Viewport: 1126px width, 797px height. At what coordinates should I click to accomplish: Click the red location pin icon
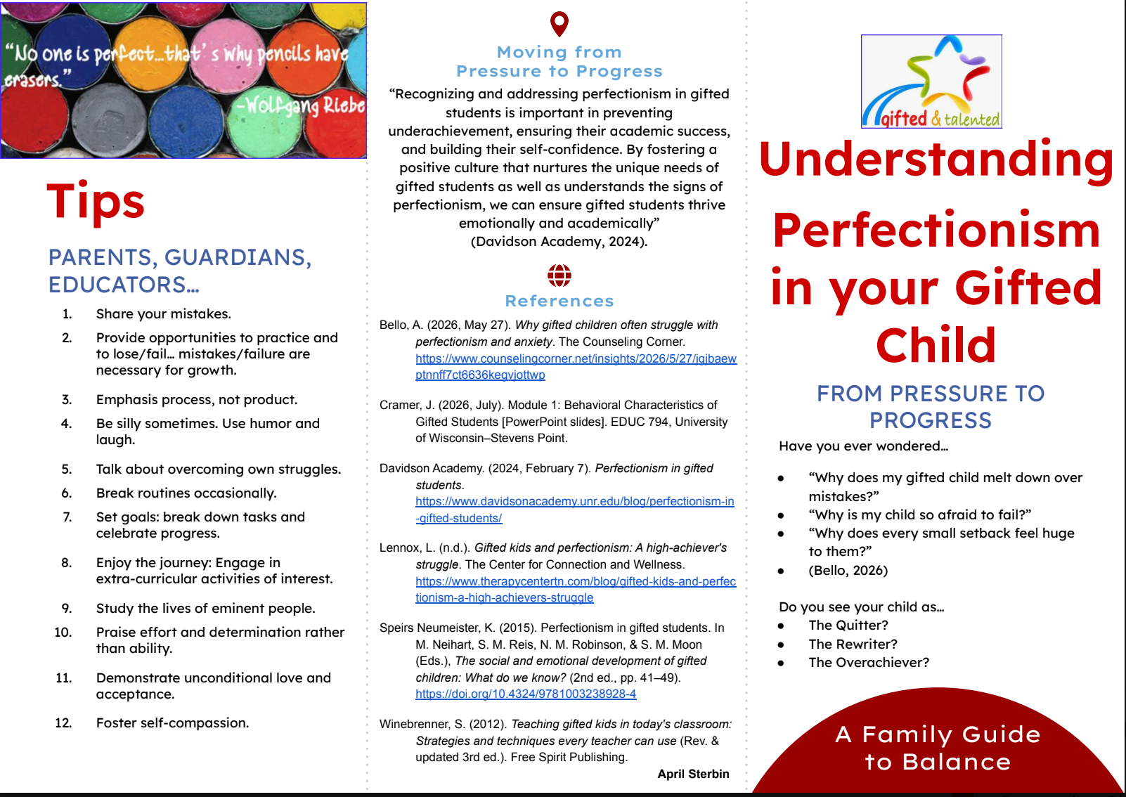pyautogui.click(x=559, y=23)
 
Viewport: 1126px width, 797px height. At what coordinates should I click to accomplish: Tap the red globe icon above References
pyautogui.click(x=559, y=276)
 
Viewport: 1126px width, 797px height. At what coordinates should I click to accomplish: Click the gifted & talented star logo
pyautogui.click(x=931, y=82)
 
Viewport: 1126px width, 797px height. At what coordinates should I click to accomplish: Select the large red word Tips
pyautogui.click(x=96, y=202)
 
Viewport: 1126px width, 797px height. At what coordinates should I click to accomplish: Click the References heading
pyautogui.click(x=559, y=301)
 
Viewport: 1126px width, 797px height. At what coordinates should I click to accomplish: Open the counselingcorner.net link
pyautogui.click(x=576, y=367)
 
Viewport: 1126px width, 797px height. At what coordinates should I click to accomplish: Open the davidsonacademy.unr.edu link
pyautogui.click(x=574, y=510)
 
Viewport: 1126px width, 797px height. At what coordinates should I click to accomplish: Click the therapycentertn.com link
pyautogui.click(x=576, y=590)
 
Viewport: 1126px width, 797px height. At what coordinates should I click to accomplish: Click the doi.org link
pyautogui.click(x=526, y=694)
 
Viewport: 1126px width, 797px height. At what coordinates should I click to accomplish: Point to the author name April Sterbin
pyautogui.click(x=693, y=774)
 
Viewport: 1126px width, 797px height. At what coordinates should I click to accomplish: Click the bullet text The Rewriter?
pyautogui.click(x=853, y=644)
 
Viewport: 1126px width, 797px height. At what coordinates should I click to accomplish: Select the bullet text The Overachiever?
pyautogui.click(x=869, y=663)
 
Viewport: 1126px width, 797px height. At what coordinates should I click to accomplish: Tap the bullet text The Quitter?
pyautogui.click(x=848, y=626)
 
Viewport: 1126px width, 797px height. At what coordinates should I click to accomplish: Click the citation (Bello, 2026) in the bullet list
pyautogui.click(x=848, y=571)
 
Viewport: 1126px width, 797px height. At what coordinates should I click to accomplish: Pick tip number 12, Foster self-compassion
pyautogui.click(x=172, y=723)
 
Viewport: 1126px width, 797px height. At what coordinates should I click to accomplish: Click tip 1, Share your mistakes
pyautogui.click(x=163, y=314)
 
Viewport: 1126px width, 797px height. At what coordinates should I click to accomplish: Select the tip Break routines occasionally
pyautogui.click(x=186, y=493)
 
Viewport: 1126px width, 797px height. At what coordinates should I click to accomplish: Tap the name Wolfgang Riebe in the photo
pyautogui.click(x=301, y=105)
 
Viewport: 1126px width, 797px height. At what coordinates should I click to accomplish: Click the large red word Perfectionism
pyautogui.click(x=936, y=231)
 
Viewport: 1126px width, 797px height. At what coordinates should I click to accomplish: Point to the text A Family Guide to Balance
pyautogui.click(x=938, y=749)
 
